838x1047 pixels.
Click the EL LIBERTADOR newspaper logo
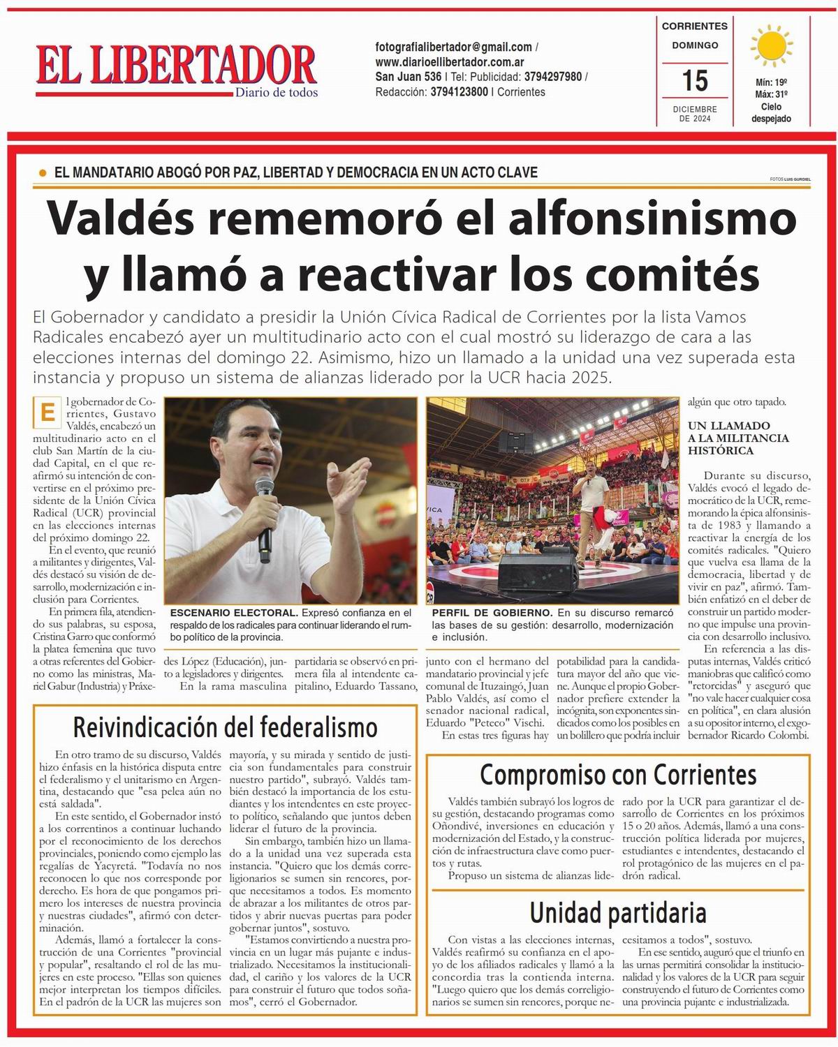[177, 70]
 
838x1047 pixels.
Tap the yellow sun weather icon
[772, 45]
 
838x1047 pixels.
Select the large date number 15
[695, 81]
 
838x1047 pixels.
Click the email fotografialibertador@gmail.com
[453, 47]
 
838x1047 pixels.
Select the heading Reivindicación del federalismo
[225, 727]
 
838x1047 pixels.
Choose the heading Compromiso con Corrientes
[618, 775]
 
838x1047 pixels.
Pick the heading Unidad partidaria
[618, 912]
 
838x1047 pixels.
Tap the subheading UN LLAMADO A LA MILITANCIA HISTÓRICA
[738, 438]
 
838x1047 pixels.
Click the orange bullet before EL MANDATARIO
[43, 172]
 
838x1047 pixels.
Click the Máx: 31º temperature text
[771, 94]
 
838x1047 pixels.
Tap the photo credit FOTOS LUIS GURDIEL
[790, 179]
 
